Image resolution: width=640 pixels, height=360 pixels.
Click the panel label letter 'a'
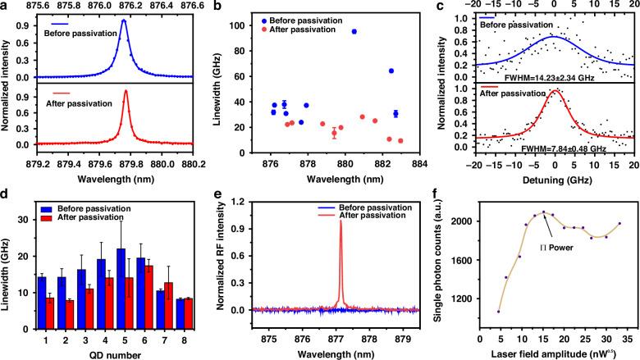[6, 7]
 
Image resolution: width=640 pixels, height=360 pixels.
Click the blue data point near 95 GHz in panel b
[354, 32]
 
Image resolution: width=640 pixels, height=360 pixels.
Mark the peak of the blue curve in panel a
[123, 22]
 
